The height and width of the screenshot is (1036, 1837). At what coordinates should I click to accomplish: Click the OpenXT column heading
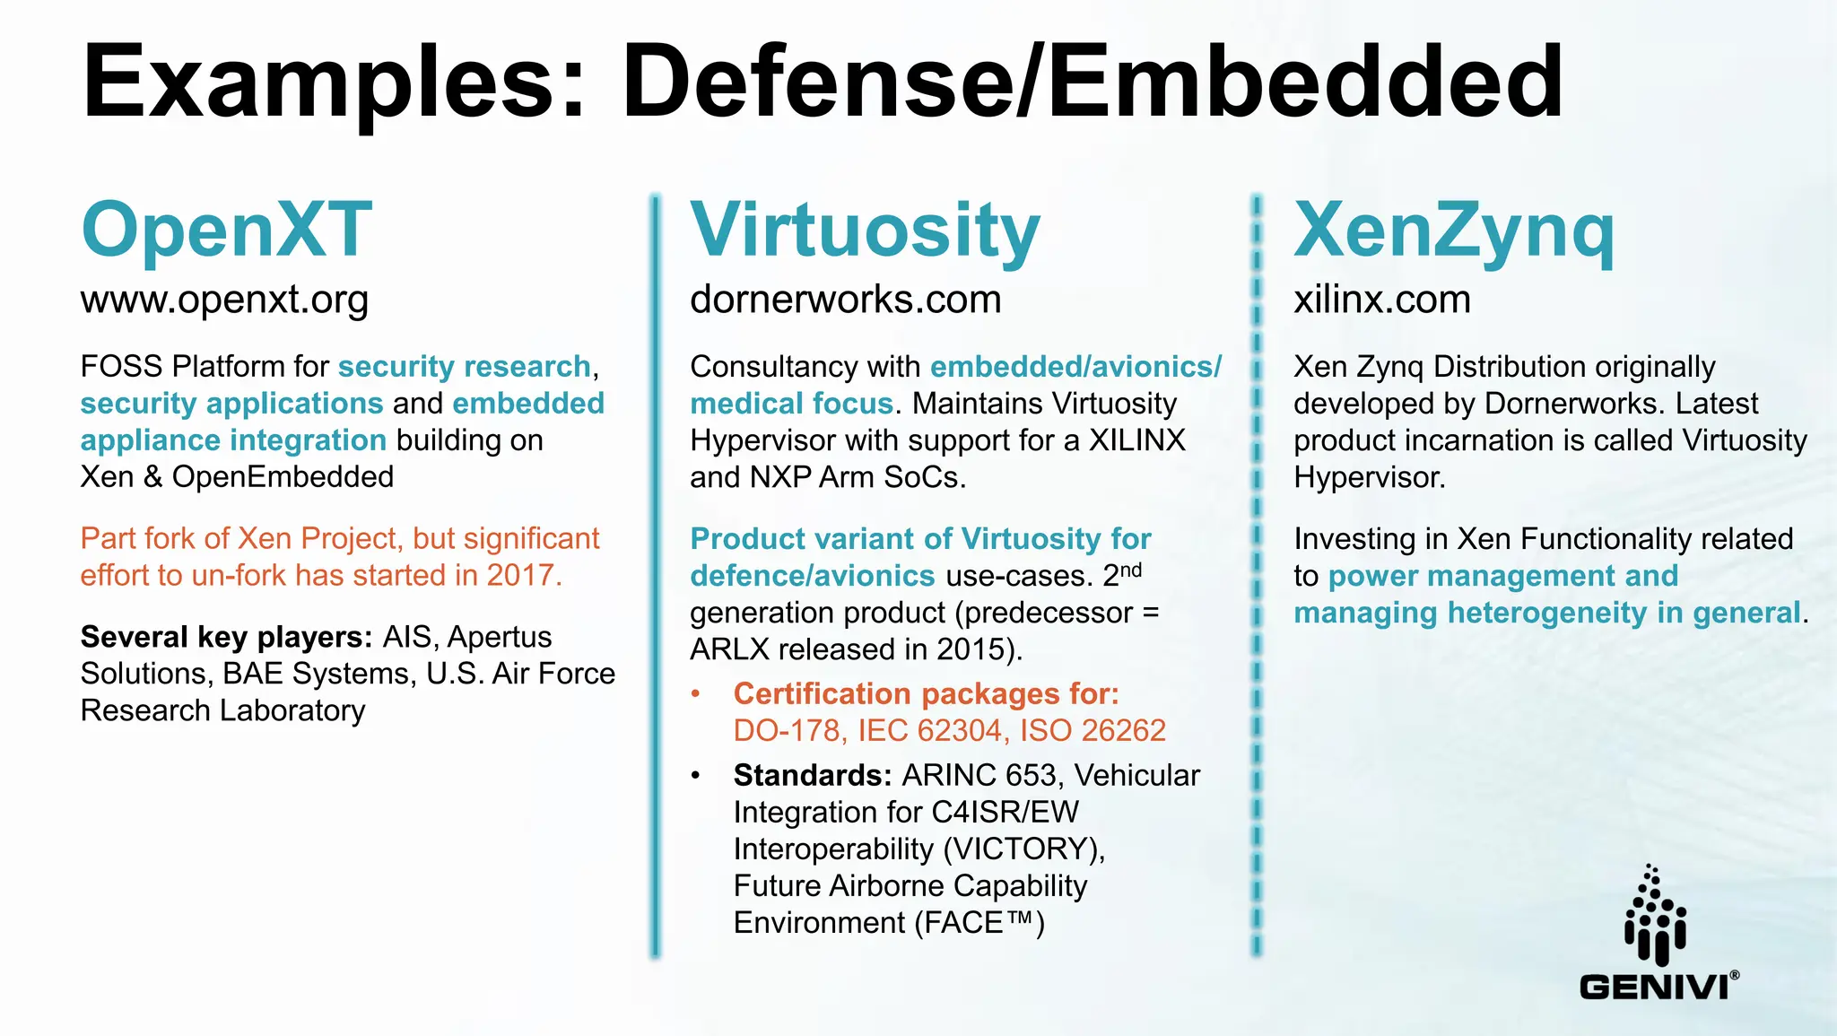point(226,230)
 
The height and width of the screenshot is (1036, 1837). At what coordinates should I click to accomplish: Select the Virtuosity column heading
point(865,230)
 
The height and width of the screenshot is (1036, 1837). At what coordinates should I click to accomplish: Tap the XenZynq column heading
point(1453,230)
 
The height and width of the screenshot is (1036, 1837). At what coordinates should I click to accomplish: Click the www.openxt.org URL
point(224,300)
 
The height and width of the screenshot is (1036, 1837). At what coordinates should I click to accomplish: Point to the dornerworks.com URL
point(845,300)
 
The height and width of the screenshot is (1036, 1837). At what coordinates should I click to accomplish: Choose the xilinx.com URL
point(1381,300)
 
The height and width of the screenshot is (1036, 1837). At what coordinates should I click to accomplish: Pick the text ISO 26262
point(1093,731)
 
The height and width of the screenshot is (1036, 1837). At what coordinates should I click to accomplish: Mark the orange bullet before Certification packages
point(696,694)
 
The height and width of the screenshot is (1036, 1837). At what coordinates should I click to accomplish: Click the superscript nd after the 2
point(1131,570)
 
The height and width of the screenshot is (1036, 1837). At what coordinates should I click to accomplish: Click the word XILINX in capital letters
point(1136,440)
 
